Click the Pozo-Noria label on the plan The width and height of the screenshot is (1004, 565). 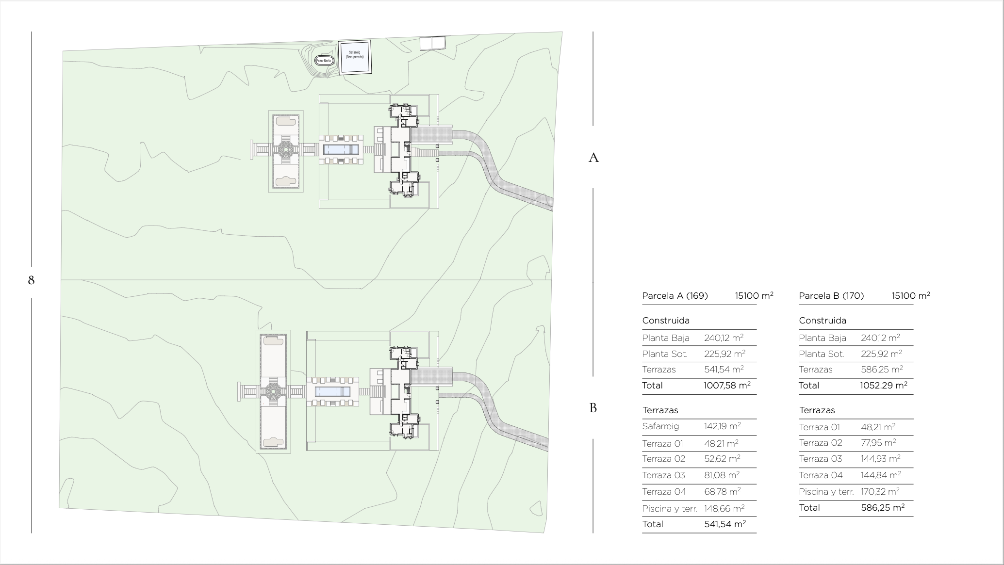tap(324, 61)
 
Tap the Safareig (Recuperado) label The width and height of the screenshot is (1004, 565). tap(354, 54)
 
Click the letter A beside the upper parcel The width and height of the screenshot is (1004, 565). tap(593, 158)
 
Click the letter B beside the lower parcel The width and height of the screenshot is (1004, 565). tap(593, 408)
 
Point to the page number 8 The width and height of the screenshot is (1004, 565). tap(32, 280)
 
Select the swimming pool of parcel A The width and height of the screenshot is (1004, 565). tap(341, 149)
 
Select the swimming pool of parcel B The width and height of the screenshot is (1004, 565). tap(332, 391)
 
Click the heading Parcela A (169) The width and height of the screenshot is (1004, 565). tap(675, 296)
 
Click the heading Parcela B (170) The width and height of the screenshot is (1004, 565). tap(831, 296)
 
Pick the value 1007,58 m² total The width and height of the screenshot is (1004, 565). tap(727, 386)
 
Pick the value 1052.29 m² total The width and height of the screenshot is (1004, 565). tap(884, 386)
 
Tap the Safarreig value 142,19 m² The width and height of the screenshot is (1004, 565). tap(723, 426)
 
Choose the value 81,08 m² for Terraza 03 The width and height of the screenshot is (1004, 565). tap(722, 475)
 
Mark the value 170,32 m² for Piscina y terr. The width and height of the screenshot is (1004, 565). tap(880, 491)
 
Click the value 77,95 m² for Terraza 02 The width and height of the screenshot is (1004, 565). tap(878, 442)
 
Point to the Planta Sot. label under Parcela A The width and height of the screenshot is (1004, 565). tap(665, 354)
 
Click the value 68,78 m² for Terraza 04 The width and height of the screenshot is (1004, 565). tap(723, 491)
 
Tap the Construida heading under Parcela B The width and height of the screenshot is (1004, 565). tap(823, 321)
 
